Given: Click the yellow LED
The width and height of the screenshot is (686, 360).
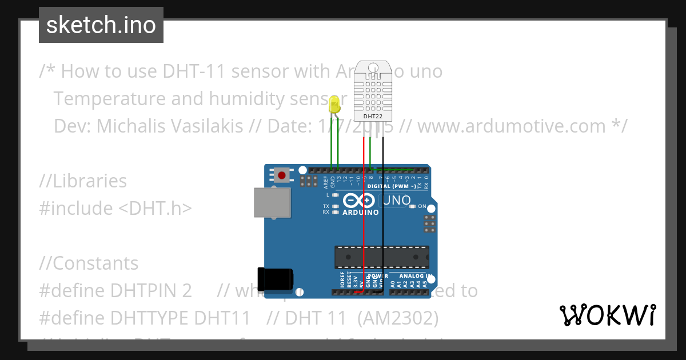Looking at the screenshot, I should click(335, 104).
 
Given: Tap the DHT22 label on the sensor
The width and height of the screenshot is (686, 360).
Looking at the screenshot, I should click(373, 117).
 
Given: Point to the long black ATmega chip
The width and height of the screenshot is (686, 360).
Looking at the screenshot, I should click(381, 257).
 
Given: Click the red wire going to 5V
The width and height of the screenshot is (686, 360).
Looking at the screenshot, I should click(363, 217).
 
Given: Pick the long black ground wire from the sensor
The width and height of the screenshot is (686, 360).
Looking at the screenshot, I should click(383, 217).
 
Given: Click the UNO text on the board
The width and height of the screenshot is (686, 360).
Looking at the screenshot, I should click(396, 201).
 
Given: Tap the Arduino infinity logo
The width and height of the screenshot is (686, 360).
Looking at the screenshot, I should click(360, 201).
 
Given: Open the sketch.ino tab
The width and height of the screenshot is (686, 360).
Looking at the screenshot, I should click(101, 25).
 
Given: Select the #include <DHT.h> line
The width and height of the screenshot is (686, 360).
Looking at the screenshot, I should click(115, 208).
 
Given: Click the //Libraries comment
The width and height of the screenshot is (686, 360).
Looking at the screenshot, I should click(83, 181).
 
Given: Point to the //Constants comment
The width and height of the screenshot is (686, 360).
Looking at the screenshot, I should click(89, 263).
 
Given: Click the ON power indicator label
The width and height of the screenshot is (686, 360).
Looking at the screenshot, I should click(422, 206).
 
